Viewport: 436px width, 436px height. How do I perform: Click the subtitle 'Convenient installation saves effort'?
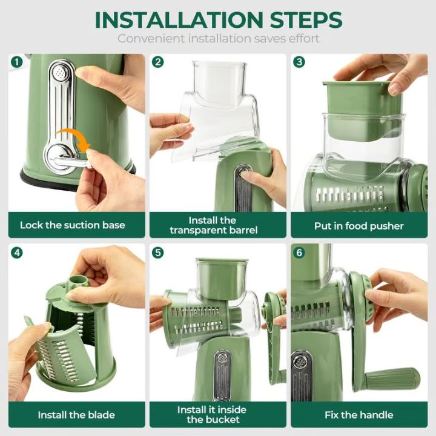point(218,39)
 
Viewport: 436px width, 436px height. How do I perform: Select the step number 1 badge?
point(16,62)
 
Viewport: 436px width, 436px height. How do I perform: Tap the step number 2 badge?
point(158,62)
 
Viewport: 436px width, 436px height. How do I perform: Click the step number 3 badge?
point(299,62)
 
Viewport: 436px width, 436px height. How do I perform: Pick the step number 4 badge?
point(16,252)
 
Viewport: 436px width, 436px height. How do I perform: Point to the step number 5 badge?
point(158,252)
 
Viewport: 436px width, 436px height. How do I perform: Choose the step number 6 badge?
point(299,252)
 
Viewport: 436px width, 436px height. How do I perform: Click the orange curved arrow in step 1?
point(72,137)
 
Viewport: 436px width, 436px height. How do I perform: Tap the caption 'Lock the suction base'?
point(73,225)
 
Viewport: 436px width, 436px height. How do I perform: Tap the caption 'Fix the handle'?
point(358,415)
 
